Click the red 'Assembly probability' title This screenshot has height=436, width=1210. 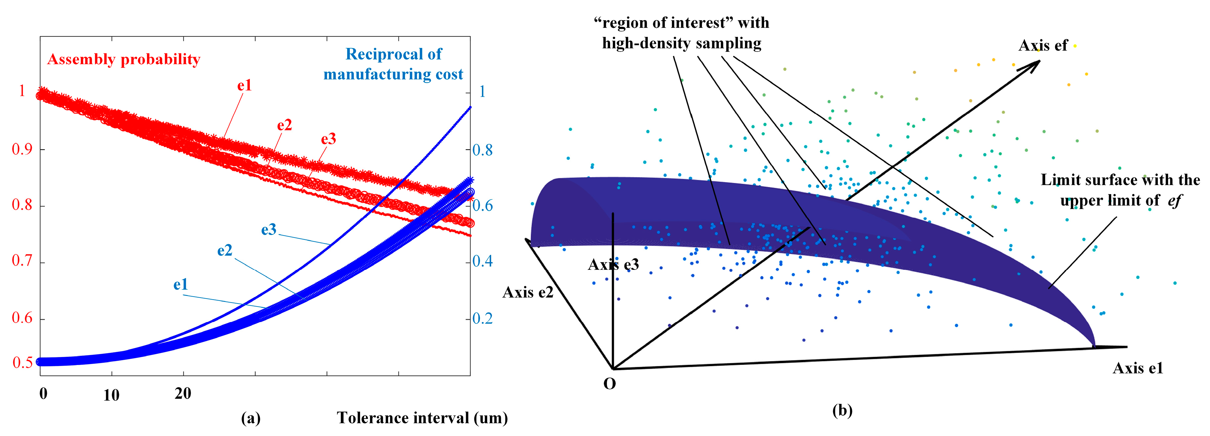pos(124,60)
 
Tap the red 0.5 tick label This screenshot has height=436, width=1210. pos(22,363)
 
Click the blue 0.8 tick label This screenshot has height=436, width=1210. pos(482,150)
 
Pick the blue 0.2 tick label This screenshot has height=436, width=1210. pos(482,318)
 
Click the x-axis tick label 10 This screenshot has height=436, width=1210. pos(111,395)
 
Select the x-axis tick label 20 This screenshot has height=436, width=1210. pos(183,394)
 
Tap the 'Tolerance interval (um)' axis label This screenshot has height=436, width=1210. pos(422,418)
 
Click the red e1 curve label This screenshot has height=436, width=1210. pos(244,86)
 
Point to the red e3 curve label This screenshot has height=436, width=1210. pos(328,139)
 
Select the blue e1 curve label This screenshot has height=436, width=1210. pos(181,284)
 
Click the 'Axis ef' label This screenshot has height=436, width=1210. pos(1043,46)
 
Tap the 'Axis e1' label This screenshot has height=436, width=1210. pos(1138,368)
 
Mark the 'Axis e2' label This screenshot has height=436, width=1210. pos(528,292)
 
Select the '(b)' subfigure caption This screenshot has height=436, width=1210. pos(842,410)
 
